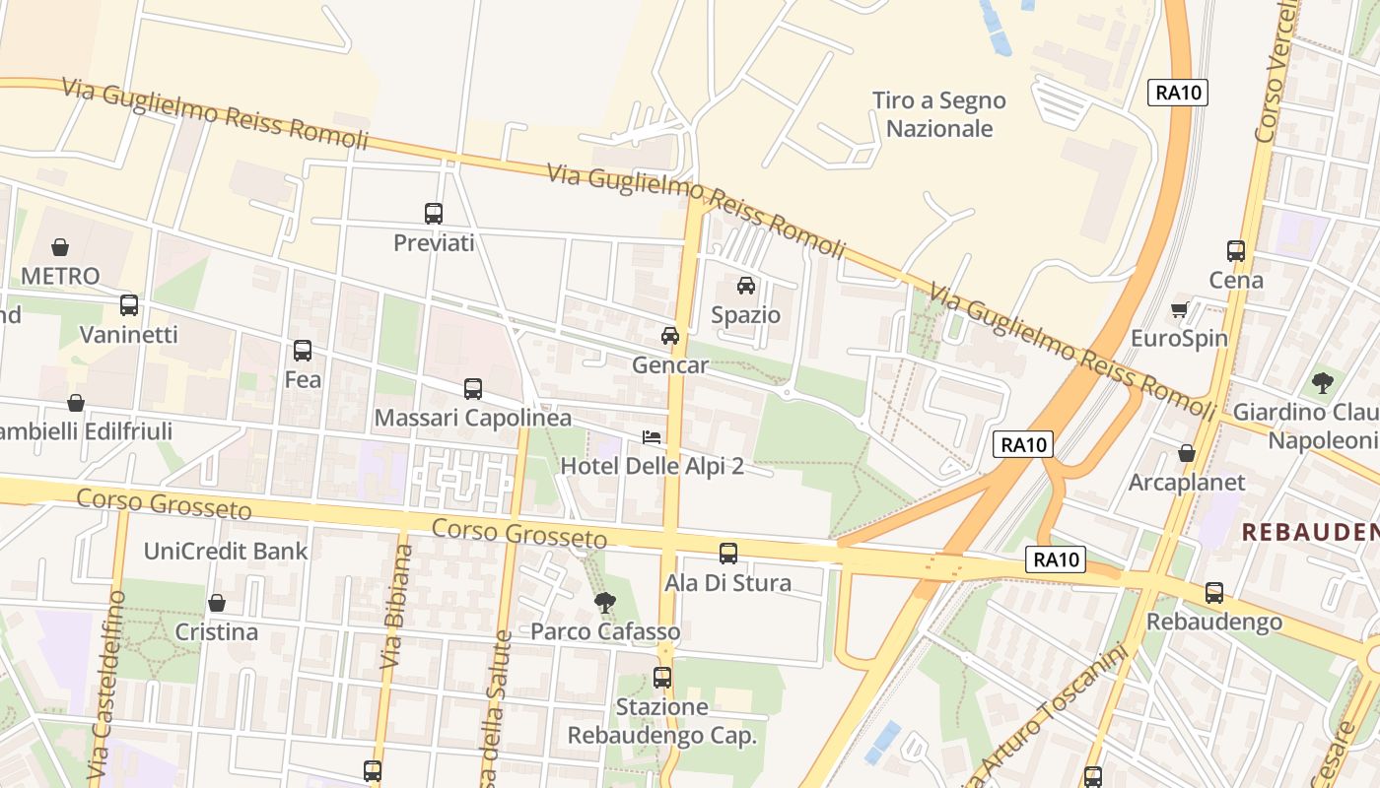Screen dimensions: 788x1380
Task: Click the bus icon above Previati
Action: click(434, 213)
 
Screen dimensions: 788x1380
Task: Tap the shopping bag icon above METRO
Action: click(60, 246)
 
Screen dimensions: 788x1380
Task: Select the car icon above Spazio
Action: click(746, 286)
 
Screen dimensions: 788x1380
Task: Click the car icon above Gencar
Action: click(670, 336)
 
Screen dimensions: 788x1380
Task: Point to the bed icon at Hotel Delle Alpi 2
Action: click(652, 436)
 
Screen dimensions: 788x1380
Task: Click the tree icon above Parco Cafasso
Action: click(605, 602)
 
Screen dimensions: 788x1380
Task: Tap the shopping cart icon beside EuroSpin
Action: click(1179, 310)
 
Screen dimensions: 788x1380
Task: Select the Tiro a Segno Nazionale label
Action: click(938, 114)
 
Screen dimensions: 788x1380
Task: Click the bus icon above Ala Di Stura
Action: click(728, 554)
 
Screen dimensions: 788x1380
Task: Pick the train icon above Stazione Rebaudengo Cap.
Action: click(662, 678)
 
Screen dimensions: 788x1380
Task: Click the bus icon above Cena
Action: click(1236, 251)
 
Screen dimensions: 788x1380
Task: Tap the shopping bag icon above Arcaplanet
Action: click(1187, 453)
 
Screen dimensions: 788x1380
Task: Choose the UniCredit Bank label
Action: click(226, 551)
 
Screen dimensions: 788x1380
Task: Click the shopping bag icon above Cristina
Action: click(217, 603)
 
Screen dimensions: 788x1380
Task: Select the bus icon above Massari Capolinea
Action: click(473, 389)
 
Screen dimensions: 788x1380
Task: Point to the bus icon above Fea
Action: click(303, 350)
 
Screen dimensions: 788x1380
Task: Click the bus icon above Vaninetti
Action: click(129, 305)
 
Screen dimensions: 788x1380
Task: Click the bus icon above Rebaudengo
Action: click(1214, 593)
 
